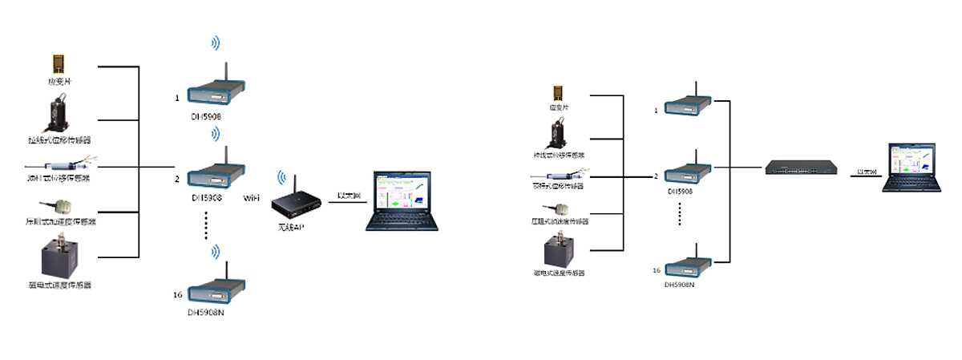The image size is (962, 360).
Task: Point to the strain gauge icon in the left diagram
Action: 58,63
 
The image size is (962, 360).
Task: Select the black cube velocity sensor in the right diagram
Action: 560,251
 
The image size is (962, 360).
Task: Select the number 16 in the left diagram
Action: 178,295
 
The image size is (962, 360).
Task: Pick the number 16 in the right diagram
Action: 657,269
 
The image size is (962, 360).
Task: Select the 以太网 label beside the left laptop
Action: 346,195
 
